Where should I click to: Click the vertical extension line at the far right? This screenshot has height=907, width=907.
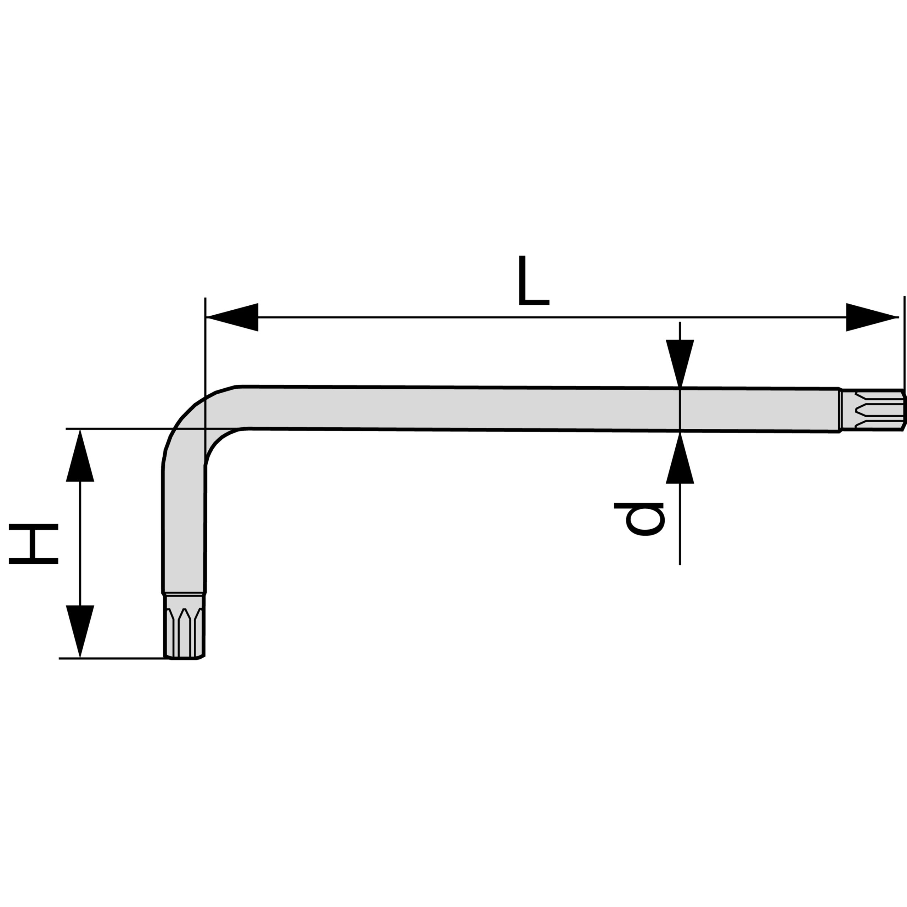[904, 343]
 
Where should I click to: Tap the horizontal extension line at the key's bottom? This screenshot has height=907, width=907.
[113, 659]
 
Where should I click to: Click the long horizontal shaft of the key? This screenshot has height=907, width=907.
[517, 409]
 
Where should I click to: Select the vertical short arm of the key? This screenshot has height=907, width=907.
[184, 526]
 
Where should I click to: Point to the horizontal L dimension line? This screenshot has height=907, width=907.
[549, 317]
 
